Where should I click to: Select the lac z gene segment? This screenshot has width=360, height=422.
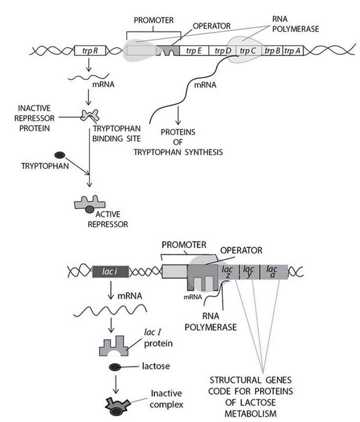227,271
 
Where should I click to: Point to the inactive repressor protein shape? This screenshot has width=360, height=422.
93,116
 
